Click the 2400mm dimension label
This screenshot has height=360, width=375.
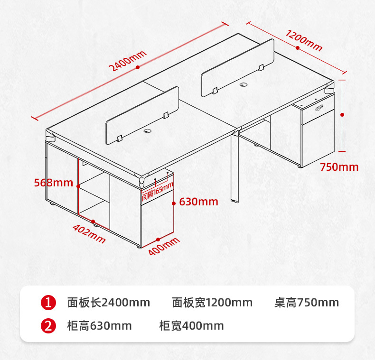point(128,61)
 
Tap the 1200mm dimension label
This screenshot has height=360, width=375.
point(304,40)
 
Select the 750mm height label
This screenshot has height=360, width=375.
point(339,167)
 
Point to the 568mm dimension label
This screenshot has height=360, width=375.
point(53,183)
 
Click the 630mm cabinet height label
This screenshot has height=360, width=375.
point(198,202)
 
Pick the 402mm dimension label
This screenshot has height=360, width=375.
point(89,233)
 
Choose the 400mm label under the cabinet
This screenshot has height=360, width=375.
point(164,246)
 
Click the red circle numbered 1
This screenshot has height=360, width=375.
point(48,303)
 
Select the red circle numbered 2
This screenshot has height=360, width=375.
point(48,326)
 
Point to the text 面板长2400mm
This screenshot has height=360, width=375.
point(109,303)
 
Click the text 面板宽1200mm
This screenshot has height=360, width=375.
point(212,303)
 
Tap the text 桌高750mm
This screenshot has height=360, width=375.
point(307,303)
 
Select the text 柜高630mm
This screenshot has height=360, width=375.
point(99,326)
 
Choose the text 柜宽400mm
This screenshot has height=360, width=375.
point(192,326)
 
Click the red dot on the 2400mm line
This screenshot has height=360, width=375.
point(138,67)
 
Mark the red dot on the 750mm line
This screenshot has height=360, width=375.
point(342,115)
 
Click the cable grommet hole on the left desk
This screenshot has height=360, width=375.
point(148,131)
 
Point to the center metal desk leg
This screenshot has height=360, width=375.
point(234,167)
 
